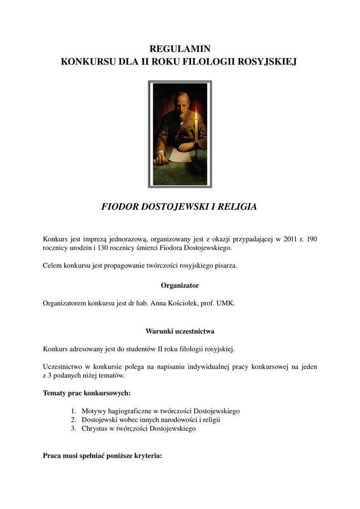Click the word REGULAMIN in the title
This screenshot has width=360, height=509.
pos(180,49)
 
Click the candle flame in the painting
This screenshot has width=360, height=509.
pos(196,116)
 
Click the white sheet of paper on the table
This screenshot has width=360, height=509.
pos(179,156)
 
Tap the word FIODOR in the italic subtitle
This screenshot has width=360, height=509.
pos(119,207)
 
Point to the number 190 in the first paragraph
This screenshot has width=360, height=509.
pos(312,239)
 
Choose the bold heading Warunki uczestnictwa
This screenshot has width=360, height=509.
pos(180,331)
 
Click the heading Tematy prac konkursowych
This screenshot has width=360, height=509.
pos(87,393)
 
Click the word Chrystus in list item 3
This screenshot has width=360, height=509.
pos(94,428)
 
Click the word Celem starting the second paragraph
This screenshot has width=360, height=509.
pos(53,265)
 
